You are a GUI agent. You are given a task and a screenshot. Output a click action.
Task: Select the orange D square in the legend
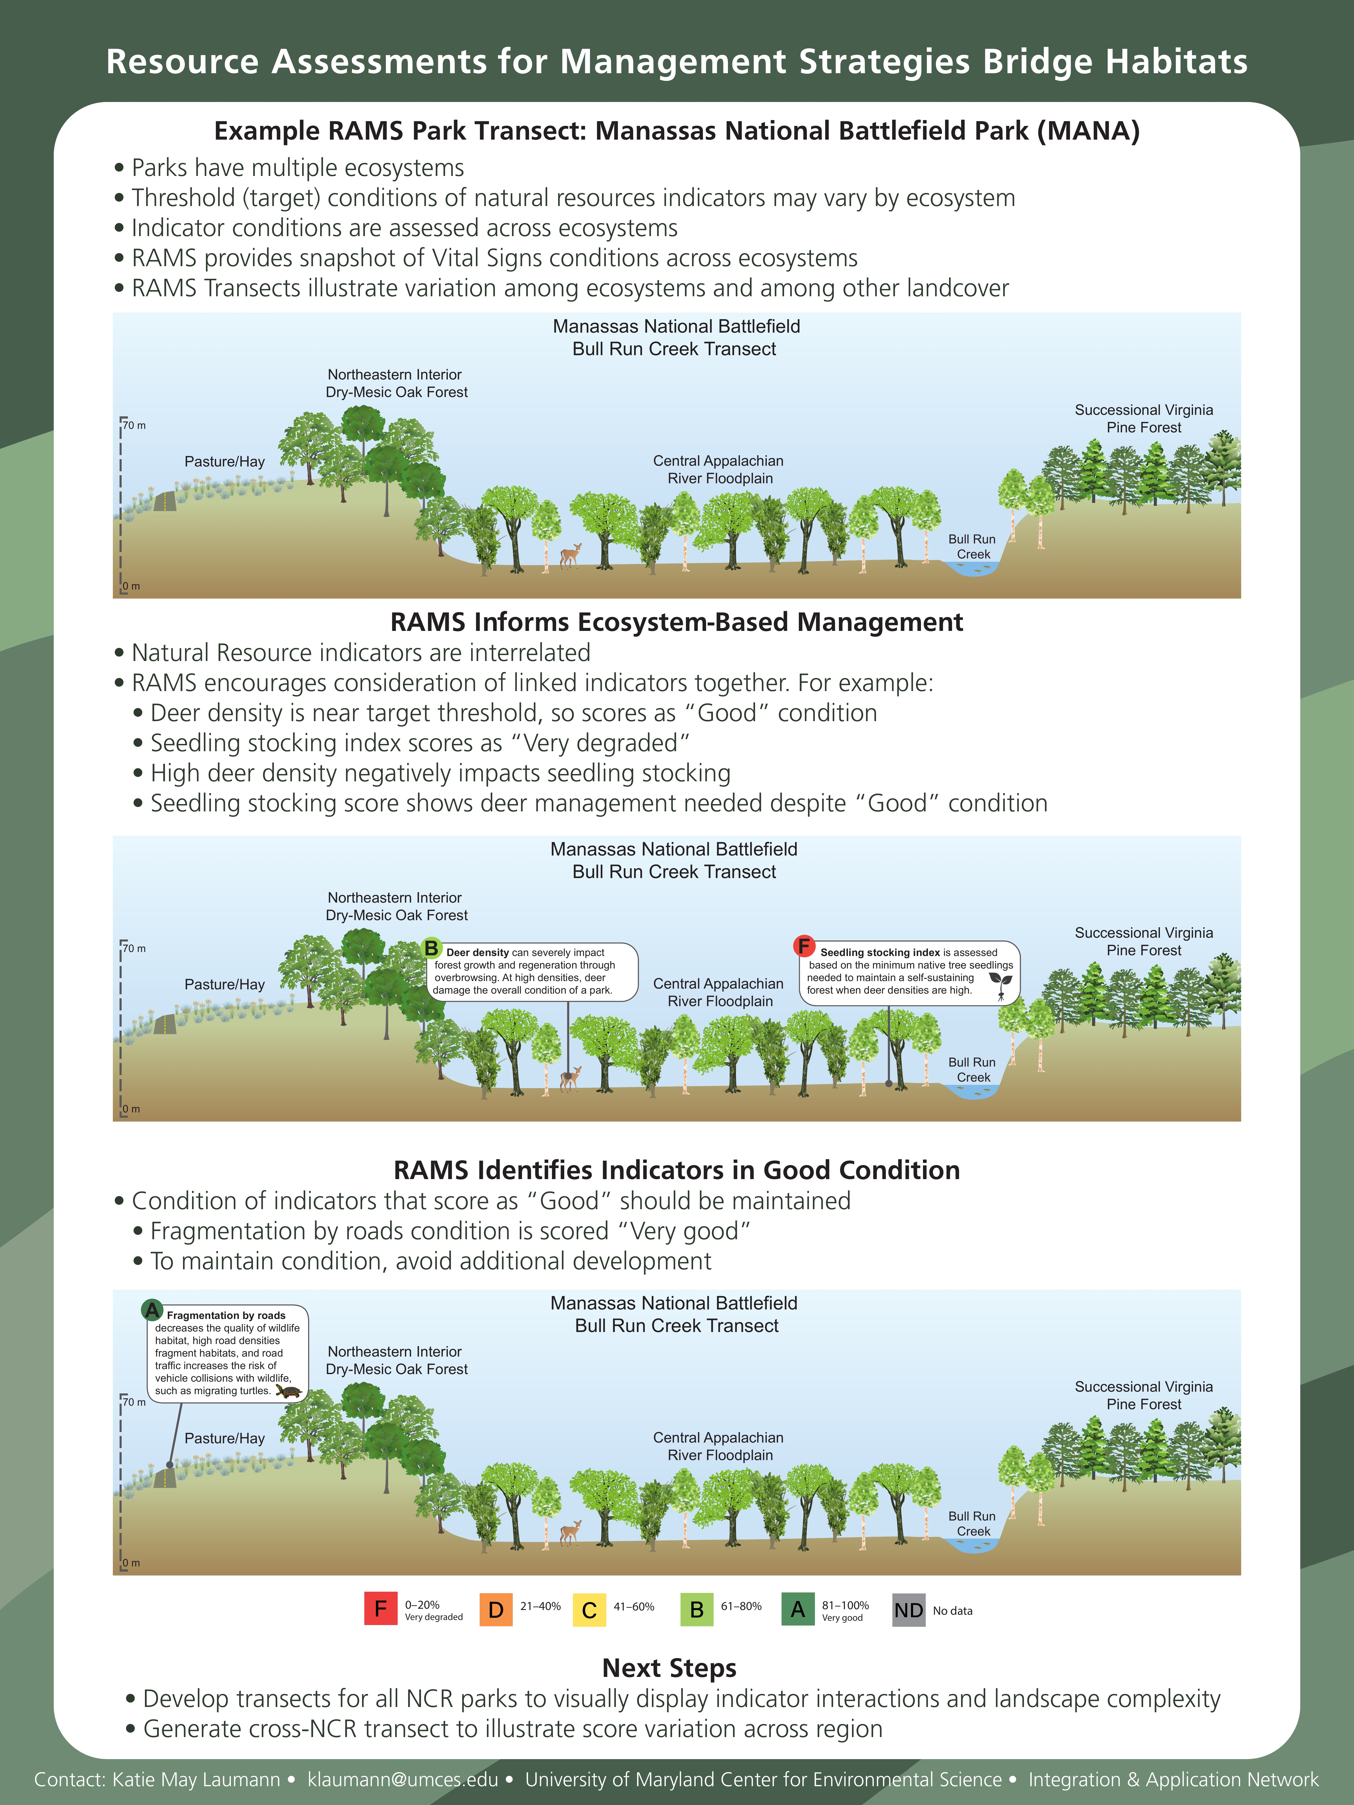click(495, 1610)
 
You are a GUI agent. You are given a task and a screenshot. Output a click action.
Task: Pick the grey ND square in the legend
click(908, 1610)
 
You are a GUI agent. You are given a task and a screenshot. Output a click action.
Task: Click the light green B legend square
click(696, 1610)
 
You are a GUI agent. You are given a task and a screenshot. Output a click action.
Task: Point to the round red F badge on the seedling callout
click(804, 946)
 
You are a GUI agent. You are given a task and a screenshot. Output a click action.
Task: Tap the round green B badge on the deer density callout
click(431, 948)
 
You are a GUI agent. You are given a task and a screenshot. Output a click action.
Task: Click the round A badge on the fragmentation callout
click(152, 1310)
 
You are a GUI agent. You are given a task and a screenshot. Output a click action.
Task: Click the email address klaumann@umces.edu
click(402, 1780)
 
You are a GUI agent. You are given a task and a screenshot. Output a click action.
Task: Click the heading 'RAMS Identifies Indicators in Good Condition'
click(676, 1170)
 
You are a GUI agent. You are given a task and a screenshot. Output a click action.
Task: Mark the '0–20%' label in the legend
click(422, 1604)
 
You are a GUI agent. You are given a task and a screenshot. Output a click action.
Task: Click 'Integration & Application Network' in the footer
click(1173, 1780)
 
